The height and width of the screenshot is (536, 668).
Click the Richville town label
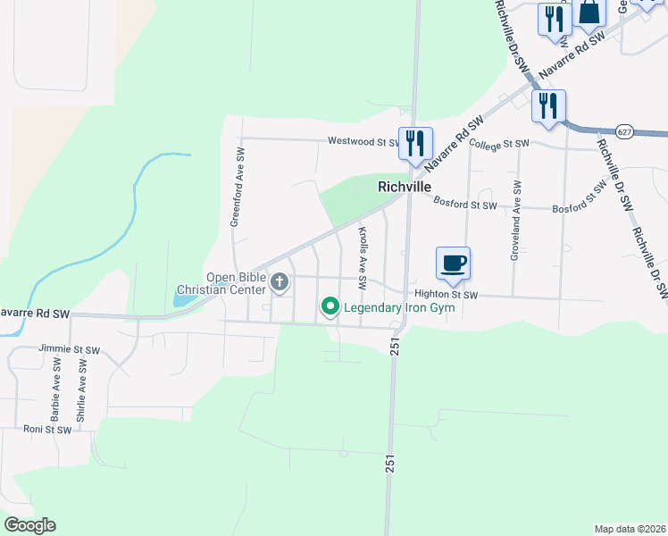[405, 187]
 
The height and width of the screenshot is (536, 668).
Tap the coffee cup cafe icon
[453, 263]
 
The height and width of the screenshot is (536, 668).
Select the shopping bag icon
[589, 11]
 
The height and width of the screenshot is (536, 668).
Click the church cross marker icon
[280, 283]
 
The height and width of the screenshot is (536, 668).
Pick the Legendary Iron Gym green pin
[330, 307]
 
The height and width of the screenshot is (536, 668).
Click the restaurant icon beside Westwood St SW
[415, 143]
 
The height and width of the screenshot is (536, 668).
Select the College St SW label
[499, 144]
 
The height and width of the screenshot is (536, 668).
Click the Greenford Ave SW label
[238, 187]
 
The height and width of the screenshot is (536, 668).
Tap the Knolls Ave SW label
[363, 257]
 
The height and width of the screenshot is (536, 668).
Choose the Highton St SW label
[446, 295]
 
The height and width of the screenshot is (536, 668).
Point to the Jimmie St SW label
[70, 348]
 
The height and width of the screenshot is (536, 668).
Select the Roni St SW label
[47, 430]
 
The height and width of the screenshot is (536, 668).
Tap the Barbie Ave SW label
[55, 390]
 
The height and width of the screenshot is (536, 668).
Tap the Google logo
[29, 525]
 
